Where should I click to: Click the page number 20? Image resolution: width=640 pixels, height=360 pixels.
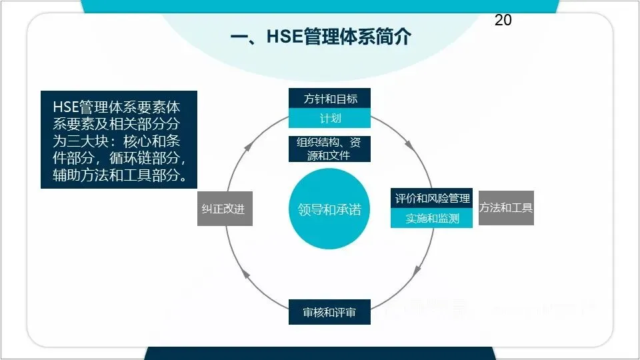(503, 21)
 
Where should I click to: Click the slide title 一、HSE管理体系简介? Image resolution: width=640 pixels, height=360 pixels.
(320, 37)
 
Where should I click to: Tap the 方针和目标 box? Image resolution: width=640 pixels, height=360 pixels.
(329, 99)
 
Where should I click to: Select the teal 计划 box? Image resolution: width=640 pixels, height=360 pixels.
(329, 119)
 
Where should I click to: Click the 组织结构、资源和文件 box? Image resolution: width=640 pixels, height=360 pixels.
(329, 149)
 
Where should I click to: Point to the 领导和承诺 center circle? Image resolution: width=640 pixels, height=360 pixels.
(329, 209)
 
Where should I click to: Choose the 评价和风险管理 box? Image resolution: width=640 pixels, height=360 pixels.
(432, 198)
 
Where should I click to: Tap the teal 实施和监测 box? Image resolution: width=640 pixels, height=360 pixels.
(432, 218)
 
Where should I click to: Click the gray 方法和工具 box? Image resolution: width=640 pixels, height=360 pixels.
(506, 207)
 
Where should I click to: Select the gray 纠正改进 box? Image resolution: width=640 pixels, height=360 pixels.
(225, 209)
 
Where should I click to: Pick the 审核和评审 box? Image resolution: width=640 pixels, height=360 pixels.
(329, 312)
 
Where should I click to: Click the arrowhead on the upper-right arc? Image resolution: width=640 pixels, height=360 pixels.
(409, 143)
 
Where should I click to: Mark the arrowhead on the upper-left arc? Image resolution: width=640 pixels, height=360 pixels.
(248, 143)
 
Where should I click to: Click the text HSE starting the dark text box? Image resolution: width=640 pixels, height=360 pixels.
(65, 107)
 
